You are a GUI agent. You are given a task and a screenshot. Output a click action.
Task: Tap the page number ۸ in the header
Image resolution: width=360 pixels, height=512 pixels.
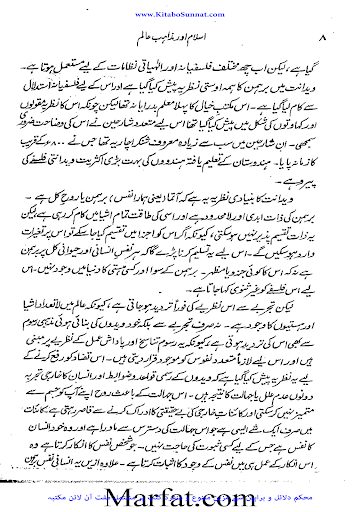[x=318, y=40]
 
